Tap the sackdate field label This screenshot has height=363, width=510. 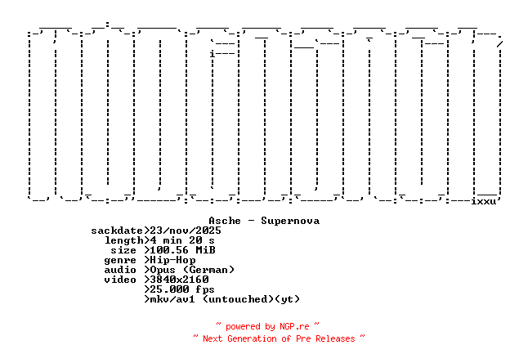[117, 231]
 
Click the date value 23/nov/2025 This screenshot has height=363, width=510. [186, 231]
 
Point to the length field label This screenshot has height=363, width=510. [123, 240]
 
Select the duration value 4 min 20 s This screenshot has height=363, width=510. [182, 240]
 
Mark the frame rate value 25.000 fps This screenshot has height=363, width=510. [182, 289]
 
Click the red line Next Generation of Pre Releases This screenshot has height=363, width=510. [279, 338]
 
